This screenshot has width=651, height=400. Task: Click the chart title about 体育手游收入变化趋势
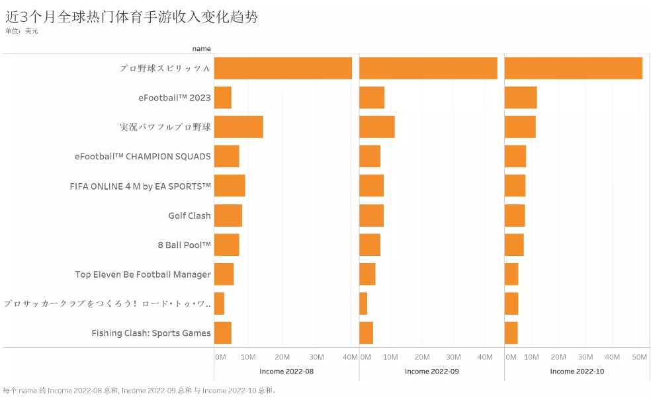click(x=131, y=17)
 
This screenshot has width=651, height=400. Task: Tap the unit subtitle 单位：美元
click(x=21, y=31)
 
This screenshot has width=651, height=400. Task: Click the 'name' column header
click(x=201, y=48)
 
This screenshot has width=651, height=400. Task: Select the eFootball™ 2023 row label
click(x=175, y=98)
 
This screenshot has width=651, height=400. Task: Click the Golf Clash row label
click(x=189, y=216)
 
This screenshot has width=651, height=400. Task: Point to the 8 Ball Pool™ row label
click(x=184, y=245)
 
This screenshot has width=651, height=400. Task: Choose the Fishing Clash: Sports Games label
click(x=151, y=333)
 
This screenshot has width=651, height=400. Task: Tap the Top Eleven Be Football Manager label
click(x=143, y=274)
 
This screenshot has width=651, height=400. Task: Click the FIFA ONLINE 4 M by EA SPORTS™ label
click(x=140, y=186)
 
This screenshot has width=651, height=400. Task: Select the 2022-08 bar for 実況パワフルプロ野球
click(x=238, y=127)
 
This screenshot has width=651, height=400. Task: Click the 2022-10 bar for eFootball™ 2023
click(x=520, y=98)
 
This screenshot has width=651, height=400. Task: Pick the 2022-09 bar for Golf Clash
click(x=371, y=216)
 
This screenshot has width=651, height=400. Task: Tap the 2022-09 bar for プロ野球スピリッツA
click(x=428, y=68)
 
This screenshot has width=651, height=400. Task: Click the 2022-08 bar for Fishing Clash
click(x=222, y=333)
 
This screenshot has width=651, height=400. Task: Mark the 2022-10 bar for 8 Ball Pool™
click(x=513, y=245)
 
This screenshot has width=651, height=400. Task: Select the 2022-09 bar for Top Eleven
click(x=367, y=274)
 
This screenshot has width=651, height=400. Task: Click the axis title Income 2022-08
click(x=286, y=372)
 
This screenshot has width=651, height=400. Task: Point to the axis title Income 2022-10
click(x=577, y=372)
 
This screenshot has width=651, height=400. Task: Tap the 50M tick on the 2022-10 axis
click(x=639, y=357)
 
